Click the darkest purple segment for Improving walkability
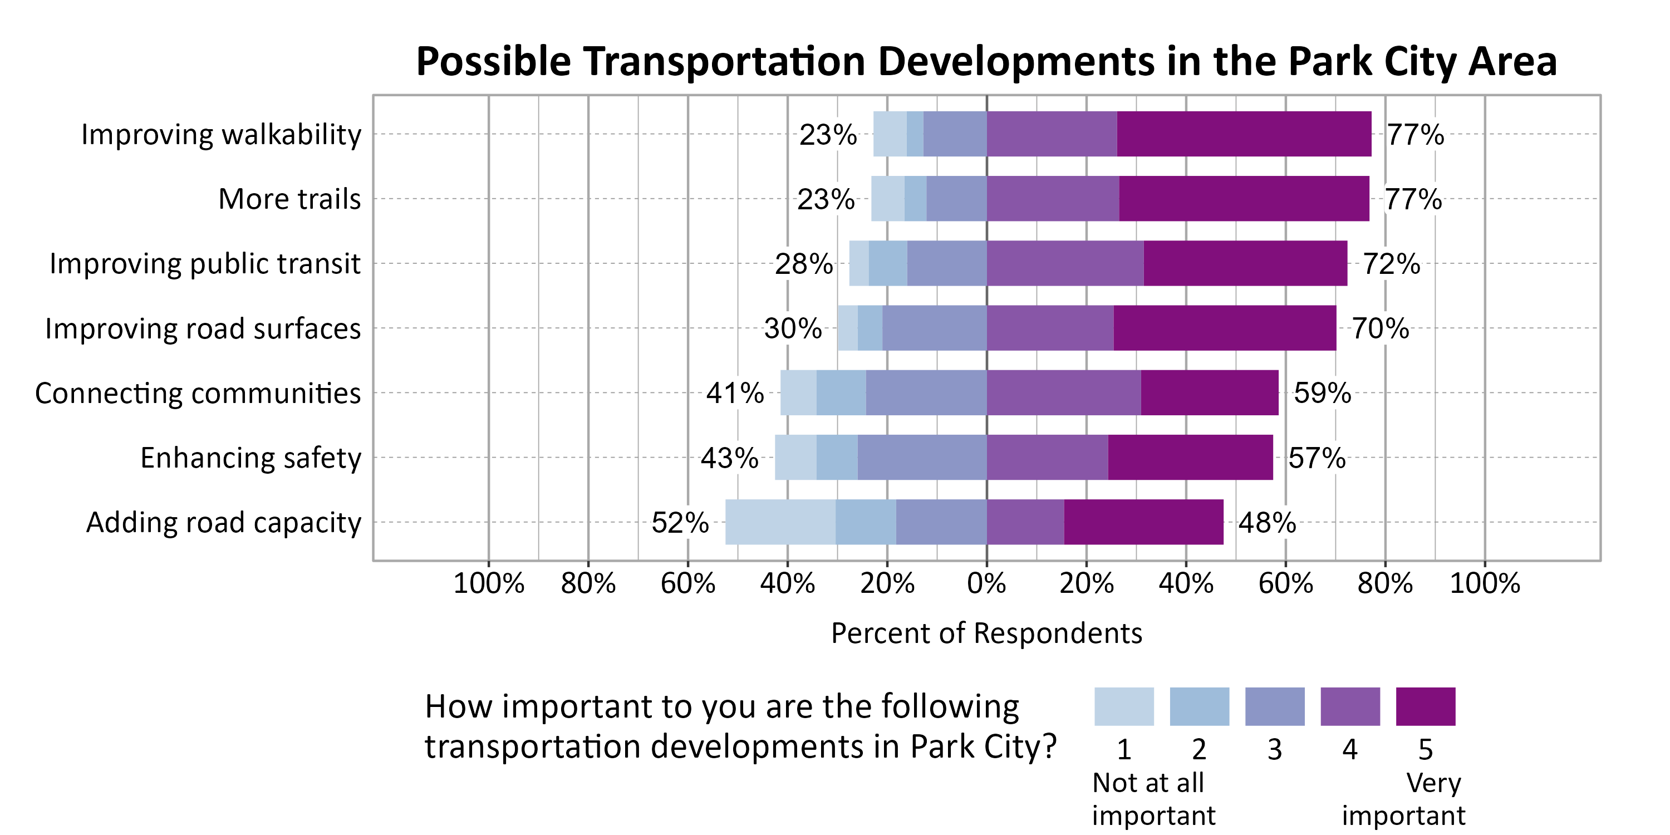click(1244, 134)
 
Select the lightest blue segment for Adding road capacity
click(780, 522)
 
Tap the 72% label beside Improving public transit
click(1391, 264)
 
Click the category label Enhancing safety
click(250, 458)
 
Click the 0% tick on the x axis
click(986, 583)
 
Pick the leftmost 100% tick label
click(488, 583)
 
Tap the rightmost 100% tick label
click(1484, 583)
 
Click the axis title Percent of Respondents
click(986, 633)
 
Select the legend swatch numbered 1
click(1123, 706)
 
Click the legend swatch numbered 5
click(1425, 706)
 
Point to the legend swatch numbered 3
click(1275, 706)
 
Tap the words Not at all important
click(1153, 799)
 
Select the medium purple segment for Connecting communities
click(1063, 393)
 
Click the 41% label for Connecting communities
click(734, 393)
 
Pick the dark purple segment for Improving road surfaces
click(1224, 328)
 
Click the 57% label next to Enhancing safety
click(1317, 458)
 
